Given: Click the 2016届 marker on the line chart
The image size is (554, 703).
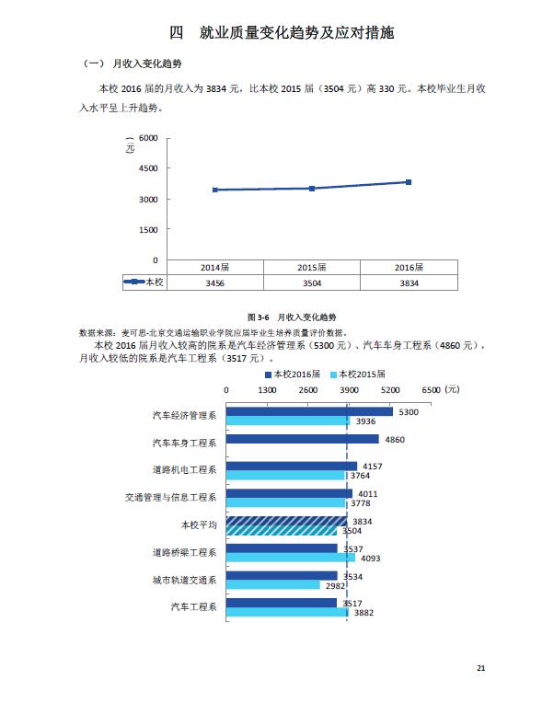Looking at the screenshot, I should coord(408,182).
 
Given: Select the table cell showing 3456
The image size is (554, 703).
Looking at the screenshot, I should coord(214,282).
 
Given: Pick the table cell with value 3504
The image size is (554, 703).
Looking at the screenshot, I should coord(311,282).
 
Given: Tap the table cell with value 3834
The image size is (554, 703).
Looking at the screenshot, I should coord(408,282).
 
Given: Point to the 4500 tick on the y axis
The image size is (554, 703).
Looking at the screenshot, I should coord(148,168).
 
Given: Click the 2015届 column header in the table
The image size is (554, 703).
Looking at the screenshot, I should coord(311,267).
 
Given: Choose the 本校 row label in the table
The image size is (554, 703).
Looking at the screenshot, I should coord(144,282).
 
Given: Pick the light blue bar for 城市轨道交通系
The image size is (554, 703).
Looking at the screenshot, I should coord(272,584).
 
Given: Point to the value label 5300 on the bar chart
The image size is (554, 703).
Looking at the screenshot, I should coord(409,412).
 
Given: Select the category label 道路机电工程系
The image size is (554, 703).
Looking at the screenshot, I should coord(184,470).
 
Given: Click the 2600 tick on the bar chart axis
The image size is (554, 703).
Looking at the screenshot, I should coord(308,390).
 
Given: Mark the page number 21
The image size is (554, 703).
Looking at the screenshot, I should coord(480,667).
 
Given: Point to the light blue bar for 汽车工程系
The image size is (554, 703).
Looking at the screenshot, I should coord(287,612).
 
